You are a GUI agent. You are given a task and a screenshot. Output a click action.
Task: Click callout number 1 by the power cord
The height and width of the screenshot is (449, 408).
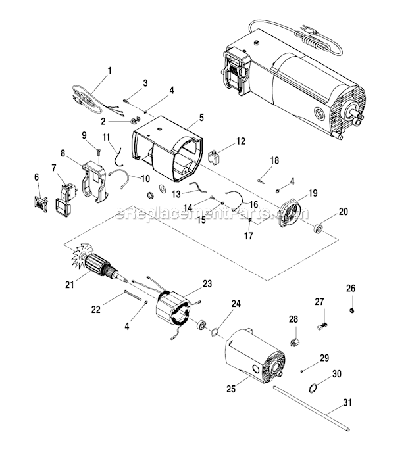[109, 70]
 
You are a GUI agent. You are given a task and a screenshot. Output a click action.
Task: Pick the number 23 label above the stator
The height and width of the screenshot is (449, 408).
[207, 284]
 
